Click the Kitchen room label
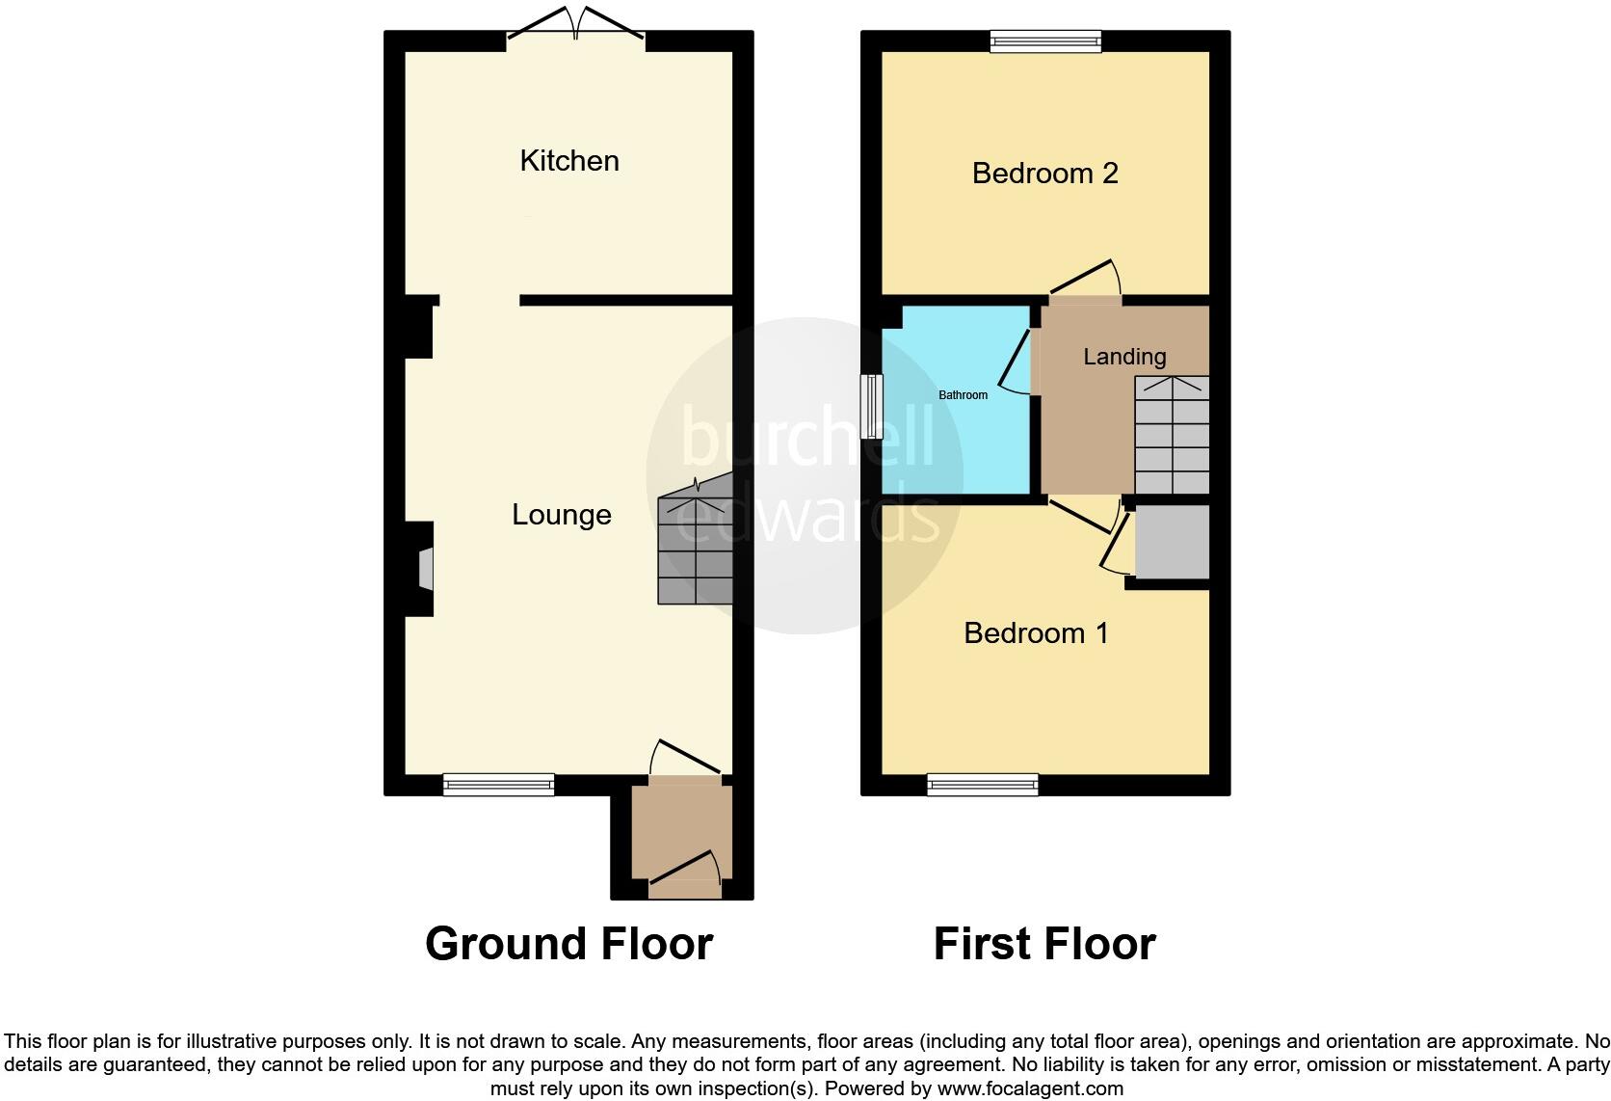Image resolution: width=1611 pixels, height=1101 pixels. coord(568,161)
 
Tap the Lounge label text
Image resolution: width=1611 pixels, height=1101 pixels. coord(561,515)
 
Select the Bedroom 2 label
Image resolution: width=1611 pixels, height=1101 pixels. coord(1044,174)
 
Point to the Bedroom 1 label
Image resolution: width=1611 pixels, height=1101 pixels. coord(1036,633)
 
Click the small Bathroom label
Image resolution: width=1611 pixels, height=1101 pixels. coord(963,395)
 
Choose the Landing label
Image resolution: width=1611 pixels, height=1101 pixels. coord(1124,357)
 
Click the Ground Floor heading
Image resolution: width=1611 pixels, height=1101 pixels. coord(568,944)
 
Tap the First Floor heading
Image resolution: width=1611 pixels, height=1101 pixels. coord(1044,944)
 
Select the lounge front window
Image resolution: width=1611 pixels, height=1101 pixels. coord(498,785)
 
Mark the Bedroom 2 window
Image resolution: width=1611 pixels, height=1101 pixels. coord(1045,40)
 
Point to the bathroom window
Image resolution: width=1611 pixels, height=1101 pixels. coord(872,407)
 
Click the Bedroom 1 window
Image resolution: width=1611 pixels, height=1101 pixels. coord(983,785)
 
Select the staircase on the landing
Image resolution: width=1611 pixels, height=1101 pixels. coord(1172,436)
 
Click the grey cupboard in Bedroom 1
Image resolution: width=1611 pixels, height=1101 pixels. coord(1172,542)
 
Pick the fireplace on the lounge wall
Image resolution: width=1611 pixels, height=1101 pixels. coord(424,568)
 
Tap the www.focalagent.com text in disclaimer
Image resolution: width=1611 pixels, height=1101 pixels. coord(1029,1088)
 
